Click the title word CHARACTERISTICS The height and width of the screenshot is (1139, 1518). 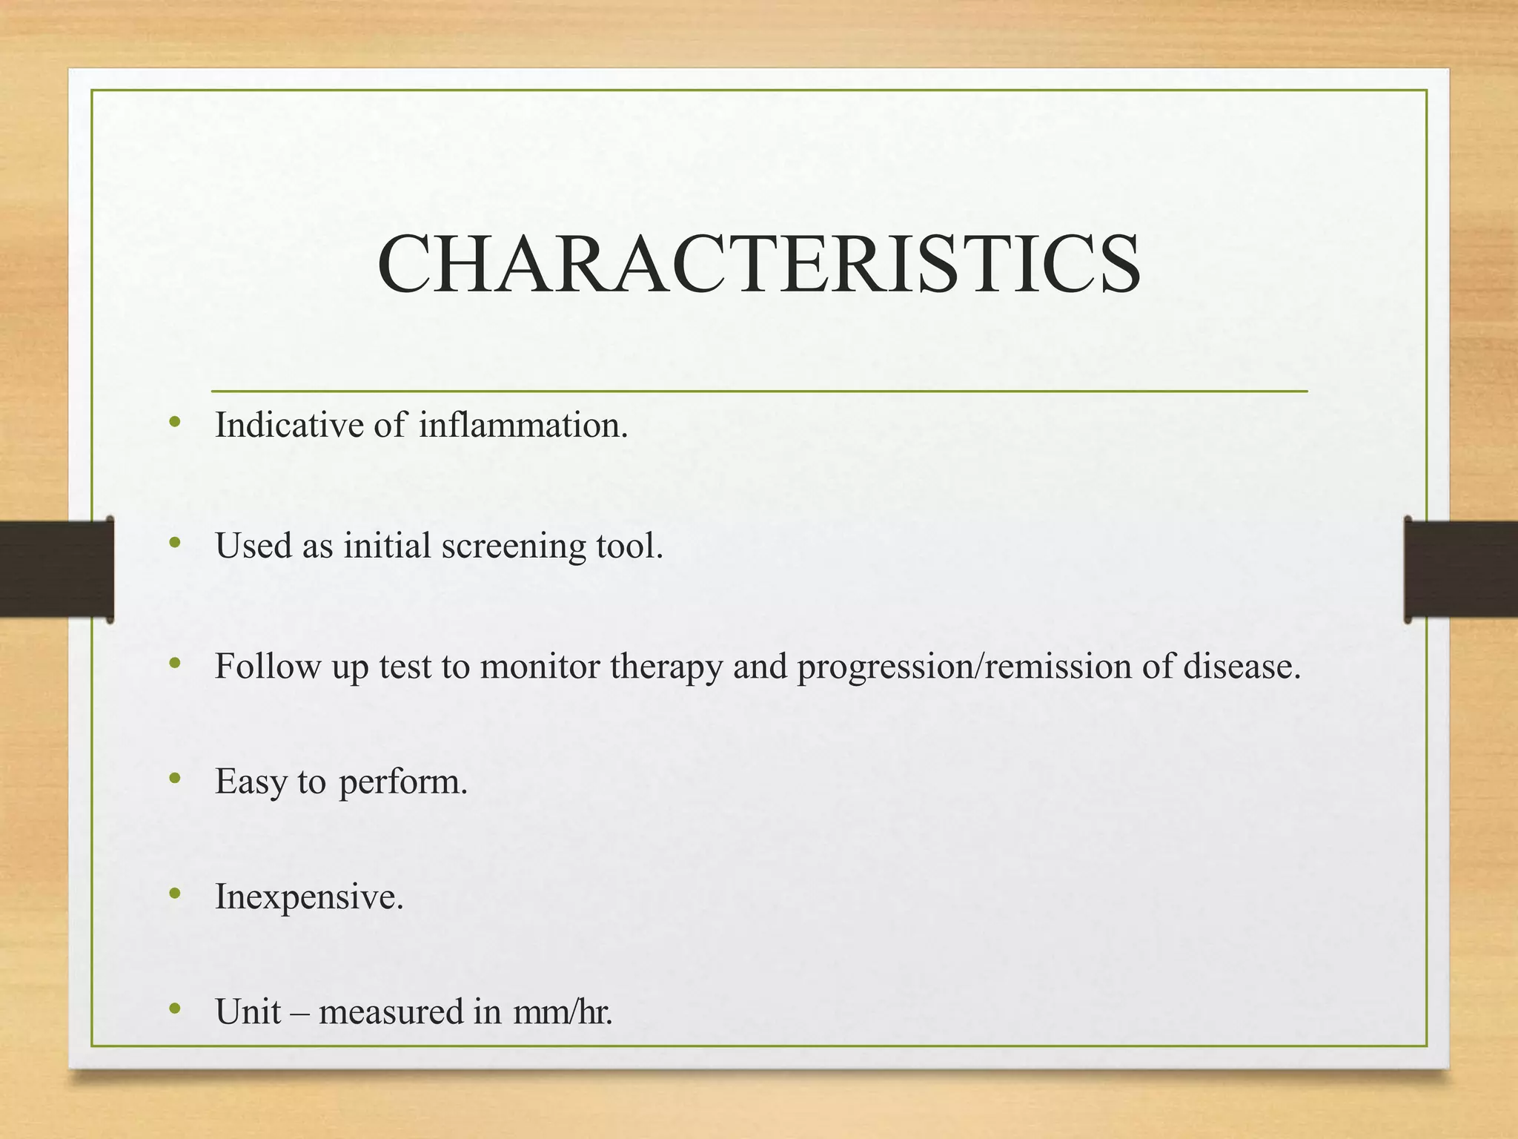(x=758, y=265)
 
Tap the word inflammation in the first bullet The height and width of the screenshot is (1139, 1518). (x=523, y=426)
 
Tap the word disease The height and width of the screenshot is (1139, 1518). (x=1241, y=666)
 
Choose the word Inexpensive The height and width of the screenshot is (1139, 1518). (x=309, y=897)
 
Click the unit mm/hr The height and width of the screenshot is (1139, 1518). (x=563, y=1011)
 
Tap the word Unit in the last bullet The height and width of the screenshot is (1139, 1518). (x=248, y=1011)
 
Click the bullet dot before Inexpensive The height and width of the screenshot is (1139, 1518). (x=175, y=894)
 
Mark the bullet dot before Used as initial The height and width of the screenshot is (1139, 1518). (x=175, y=543)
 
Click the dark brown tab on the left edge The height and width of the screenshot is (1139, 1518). (x=56, y=569)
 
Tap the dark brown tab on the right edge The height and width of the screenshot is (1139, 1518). (x=1460, y=569)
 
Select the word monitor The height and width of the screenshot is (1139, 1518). (x=540, y=666)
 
